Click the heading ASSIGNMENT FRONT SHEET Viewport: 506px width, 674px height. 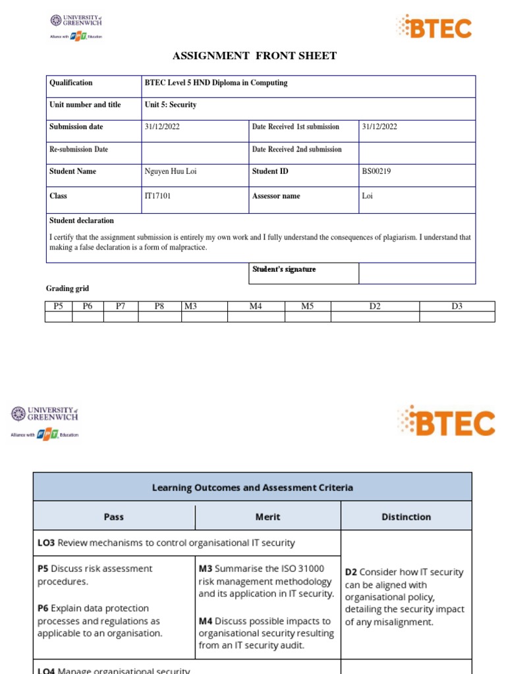click(x=254, y=56)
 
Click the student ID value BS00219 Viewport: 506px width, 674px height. click(x=377, y=171)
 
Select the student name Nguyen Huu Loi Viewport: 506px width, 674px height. click(x=170, y=171)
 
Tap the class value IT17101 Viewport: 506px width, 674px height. click(x=157, y=196)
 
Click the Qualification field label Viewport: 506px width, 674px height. click(x=71, y=83)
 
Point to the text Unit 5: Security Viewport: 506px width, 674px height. click(x=171, y=105)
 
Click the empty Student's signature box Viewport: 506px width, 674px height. click(x=416, y=273)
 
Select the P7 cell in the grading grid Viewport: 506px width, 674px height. click(x=121, y=306)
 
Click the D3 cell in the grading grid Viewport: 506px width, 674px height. click(x=457, y=306)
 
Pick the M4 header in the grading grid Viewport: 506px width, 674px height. click(x=256, y=306)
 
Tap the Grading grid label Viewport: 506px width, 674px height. click(x=67, y=288)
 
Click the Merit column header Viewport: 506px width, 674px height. click(x=267, y=517)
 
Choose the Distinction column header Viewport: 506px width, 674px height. click(x=406, y=517)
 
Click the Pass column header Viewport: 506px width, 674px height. click(x=114, y=517)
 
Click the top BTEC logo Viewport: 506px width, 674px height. click(x=434, y=28)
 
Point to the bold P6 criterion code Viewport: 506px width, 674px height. click(x=43, y=608)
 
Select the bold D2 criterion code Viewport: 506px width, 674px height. click(x=351, y=573)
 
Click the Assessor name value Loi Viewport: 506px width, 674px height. click(x=367, y=196)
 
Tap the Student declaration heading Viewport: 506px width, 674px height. click(x=82, y=220)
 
